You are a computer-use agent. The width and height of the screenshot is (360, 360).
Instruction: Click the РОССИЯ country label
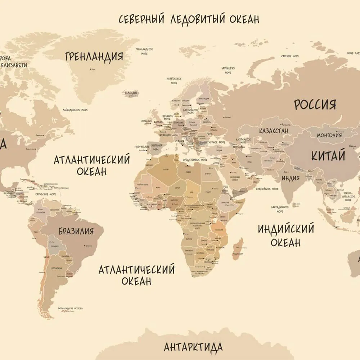coord(315,104)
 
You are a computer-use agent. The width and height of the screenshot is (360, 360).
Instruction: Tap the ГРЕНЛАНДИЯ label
coord(94,57)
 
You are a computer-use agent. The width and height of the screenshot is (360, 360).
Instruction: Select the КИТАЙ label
coord(328,156)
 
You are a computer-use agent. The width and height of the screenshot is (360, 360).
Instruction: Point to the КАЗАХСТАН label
coord(274,131)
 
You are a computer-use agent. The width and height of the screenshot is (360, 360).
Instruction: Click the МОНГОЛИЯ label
coord(329,135)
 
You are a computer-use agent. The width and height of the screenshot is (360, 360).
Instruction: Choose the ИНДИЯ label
coord(291,178)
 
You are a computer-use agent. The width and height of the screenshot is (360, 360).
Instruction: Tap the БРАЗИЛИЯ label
coord(76,231)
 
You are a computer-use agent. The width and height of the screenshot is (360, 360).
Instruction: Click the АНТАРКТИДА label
coord(193,347)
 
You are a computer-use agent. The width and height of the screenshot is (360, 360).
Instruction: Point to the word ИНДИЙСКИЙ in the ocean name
coord(286,229)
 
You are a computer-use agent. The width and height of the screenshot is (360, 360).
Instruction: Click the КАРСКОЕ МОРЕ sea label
coord(290,57)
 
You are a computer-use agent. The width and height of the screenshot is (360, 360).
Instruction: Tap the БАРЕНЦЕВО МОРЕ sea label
coord(228,70)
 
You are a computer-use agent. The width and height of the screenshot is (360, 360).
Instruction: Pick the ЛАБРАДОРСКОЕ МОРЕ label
coord(75,110)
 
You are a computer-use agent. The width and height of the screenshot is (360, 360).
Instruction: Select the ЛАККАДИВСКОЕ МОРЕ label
coord(279,209)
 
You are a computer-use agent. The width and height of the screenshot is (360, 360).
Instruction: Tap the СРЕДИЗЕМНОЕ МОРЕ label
coord(195,159)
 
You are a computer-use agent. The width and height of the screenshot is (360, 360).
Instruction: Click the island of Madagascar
coord(238,249)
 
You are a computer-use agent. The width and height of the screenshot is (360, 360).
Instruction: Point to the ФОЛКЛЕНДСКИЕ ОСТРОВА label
coord(70,309)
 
